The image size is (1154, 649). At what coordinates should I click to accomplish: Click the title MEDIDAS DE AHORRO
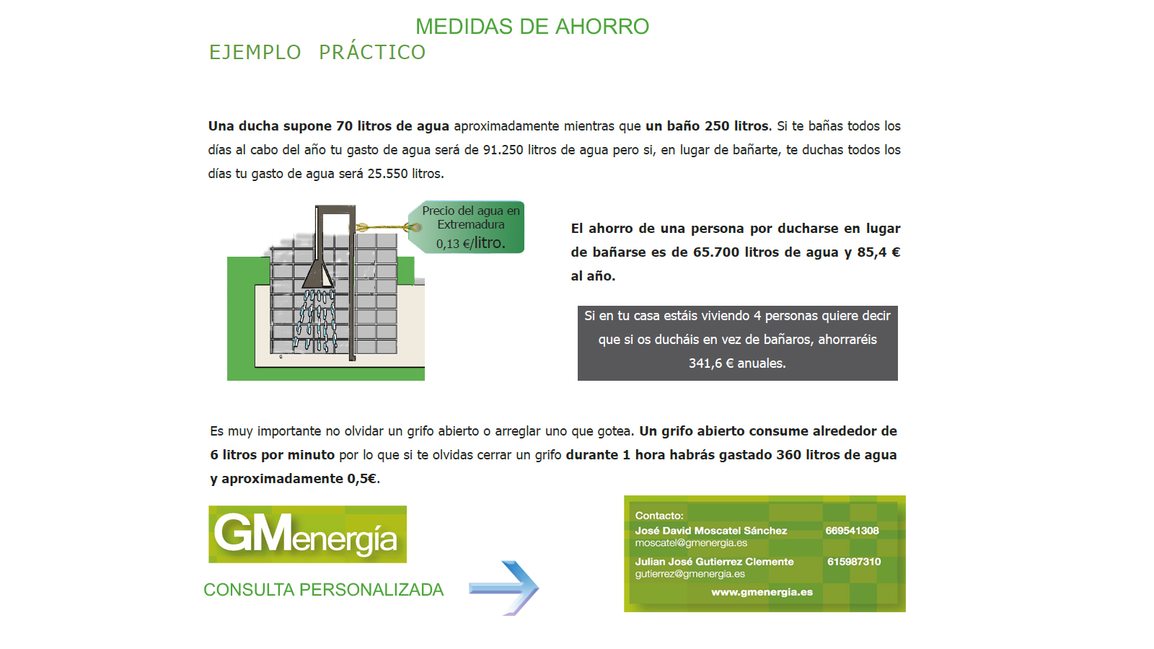click(x=532, y=27)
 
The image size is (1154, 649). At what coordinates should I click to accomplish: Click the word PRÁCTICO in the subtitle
click(x=372, y=51)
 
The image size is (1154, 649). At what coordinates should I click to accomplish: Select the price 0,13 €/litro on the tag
click(x=471, y=243)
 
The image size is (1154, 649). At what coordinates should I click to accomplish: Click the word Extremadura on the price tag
click(x=471, y=224)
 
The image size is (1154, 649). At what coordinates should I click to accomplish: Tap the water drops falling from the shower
click(x=315, y=320)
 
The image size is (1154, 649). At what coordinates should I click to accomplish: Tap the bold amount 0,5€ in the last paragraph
click(x=361, y=479)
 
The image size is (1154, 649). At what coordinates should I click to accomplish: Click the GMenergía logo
click(x=307, y=534)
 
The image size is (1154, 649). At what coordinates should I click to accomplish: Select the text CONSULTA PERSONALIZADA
click(x=324, y=590)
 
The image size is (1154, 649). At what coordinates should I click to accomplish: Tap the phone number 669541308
click(x=852, y=531)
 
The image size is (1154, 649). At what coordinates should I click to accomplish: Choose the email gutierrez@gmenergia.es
click(x=690, y=574)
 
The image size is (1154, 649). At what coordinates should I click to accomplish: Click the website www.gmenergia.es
click(x=762, y=592)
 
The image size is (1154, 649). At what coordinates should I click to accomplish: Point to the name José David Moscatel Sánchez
click(x=711, y=531)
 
